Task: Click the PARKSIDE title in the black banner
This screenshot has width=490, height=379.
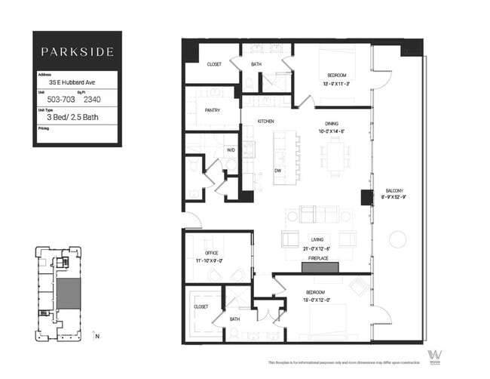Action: point(77,52)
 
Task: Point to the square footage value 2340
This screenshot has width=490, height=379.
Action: point(93,99)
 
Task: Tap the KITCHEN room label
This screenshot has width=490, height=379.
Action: point(265,122)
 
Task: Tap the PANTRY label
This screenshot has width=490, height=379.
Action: point(212,110)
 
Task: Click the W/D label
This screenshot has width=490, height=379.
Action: point(231,149)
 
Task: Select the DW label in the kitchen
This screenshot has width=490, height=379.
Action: point(279,170)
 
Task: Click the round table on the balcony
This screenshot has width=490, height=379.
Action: point(397,239)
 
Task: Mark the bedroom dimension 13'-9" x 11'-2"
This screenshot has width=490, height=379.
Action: point(336,82)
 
